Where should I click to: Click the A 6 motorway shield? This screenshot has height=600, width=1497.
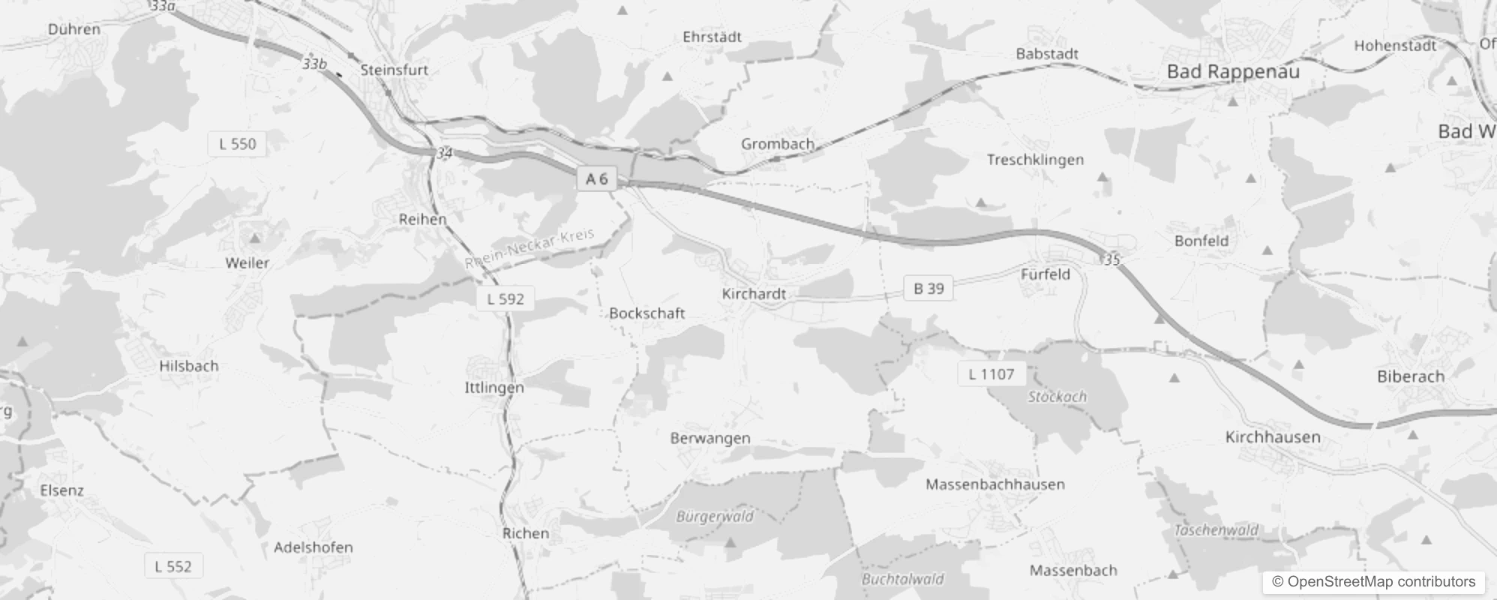click(597, 178)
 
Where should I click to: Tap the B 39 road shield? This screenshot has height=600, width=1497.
click(928, 288)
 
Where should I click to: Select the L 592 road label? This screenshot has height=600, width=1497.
click(505, 298)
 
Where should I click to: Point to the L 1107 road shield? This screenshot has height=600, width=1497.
click(991, 373)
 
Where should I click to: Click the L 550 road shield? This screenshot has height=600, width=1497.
click(237, 143)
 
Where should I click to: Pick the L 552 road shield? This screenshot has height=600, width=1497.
click(172, 566)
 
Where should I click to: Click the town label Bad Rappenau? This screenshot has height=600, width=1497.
click(1233, 72)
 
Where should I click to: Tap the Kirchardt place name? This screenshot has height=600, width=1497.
click(754, 293)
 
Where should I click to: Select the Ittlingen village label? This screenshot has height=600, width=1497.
click(494, 387)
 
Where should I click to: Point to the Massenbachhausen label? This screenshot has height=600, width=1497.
click(994, 484)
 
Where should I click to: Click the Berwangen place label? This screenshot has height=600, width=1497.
click(709, 438)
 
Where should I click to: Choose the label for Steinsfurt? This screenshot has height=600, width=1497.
click(394, 70)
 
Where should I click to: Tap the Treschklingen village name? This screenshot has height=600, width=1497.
click(1035, 159)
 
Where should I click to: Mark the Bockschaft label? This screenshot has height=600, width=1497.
click(646, 313)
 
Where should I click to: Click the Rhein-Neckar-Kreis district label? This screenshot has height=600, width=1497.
click(529, 248)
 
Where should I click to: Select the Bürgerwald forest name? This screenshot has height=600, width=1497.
click(715, 516)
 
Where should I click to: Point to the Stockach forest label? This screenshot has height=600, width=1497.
click(1057, 396)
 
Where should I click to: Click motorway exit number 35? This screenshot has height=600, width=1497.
click(1111, 259)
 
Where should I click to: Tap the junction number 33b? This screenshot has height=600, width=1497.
click(315, 64)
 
